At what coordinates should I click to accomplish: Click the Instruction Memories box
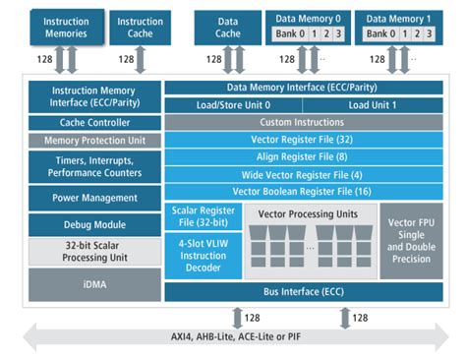[x=66, y=27]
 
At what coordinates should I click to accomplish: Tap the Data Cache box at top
[x=227, y=27]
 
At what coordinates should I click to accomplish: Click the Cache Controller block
[x=94, y=123]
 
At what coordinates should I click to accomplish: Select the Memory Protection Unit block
[x=94, y=141]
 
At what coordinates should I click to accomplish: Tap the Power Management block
[x=94, y=197]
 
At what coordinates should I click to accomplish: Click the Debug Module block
[x=94, y=224]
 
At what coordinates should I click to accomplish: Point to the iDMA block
[x=94, y=284]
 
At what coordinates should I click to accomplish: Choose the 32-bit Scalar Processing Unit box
[x=94, y=251]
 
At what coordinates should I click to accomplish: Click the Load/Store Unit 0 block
[x=232, y=105]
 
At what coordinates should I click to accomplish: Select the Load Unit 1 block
[x=373, y=105]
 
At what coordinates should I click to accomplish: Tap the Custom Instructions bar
[x=301, y=122]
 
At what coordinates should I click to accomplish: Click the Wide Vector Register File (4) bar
[x=301, y=173]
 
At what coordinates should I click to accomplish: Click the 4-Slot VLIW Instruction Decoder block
[x=201, y=254]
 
